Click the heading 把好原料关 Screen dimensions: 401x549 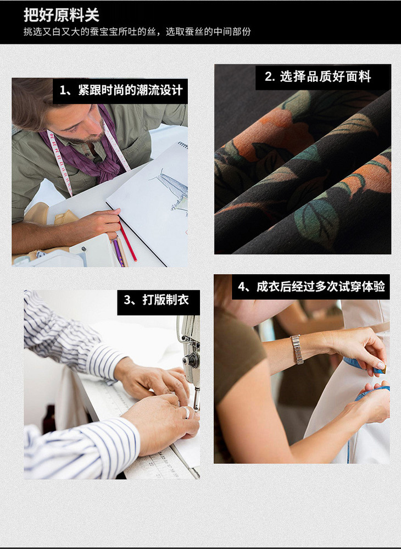point(62,15)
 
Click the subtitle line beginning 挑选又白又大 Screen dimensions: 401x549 point(137,32)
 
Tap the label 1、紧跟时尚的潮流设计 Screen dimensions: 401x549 point(121,90)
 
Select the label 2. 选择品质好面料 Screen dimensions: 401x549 point(318,76)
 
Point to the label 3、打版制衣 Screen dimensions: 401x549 point(157,300)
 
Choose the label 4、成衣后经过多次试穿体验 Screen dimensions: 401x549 point(311,286)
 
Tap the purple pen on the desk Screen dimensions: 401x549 point(118,252)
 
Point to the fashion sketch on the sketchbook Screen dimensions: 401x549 point(171,190)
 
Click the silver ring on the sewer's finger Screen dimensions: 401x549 point(187,413)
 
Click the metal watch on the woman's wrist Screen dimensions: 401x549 point(297,349)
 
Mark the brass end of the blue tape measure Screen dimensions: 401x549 point(383,369)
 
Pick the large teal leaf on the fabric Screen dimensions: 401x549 point(316,220)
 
